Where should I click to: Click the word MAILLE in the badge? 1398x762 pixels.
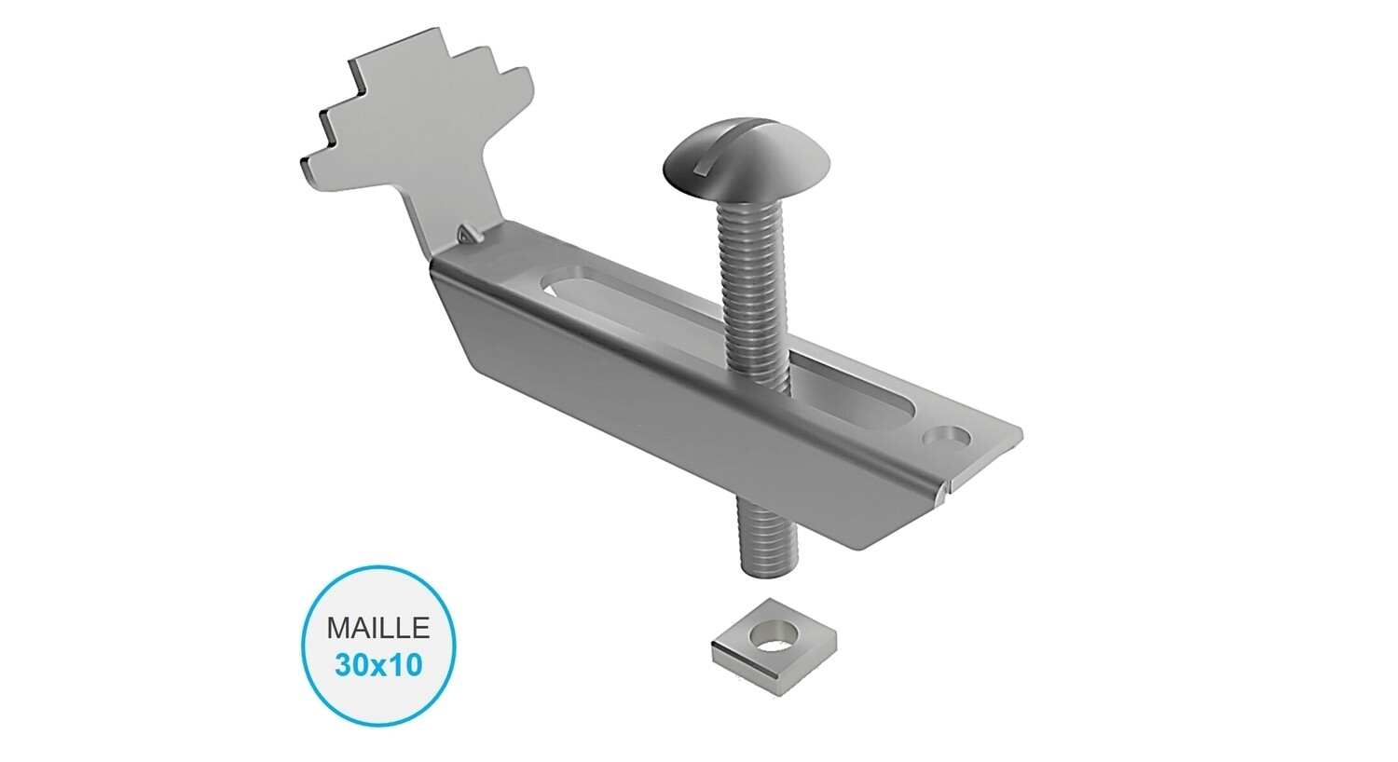(377, 627)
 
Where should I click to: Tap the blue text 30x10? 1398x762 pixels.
(377, 664)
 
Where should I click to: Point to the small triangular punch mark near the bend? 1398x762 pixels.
(466, 234)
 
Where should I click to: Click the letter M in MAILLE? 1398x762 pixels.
(336, 627)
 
